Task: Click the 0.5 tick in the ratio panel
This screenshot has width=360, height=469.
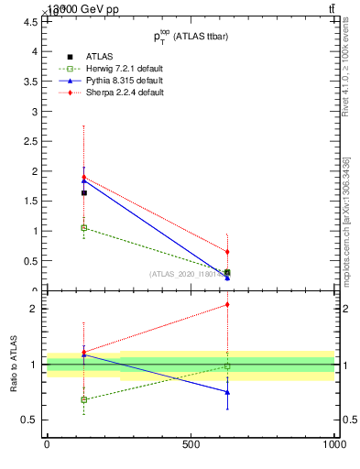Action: [x=29, y=420]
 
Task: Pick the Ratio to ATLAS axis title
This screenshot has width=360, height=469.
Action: [x=14, y=364]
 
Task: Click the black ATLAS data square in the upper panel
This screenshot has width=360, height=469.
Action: [x=84, y=192]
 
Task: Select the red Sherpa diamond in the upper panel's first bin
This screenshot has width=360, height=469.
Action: [x=84, y=178]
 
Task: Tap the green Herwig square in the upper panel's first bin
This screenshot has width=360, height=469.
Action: [x=84, y=227]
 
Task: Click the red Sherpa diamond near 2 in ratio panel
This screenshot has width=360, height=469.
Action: [x=227, y=305]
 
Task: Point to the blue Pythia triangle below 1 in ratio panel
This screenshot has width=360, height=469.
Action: [x=227, y=392]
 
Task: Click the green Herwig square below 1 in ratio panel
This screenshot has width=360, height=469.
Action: [x=84, y=399]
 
